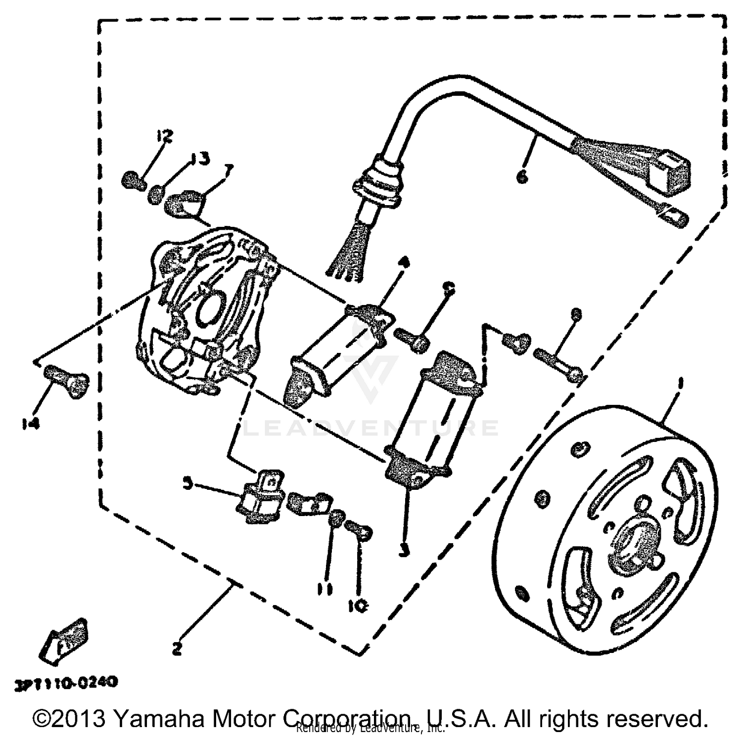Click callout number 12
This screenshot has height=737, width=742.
tap(165, 136)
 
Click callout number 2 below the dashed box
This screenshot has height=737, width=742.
tap(177, 649)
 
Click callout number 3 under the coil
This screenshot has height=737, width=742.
tap(405, 550)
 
